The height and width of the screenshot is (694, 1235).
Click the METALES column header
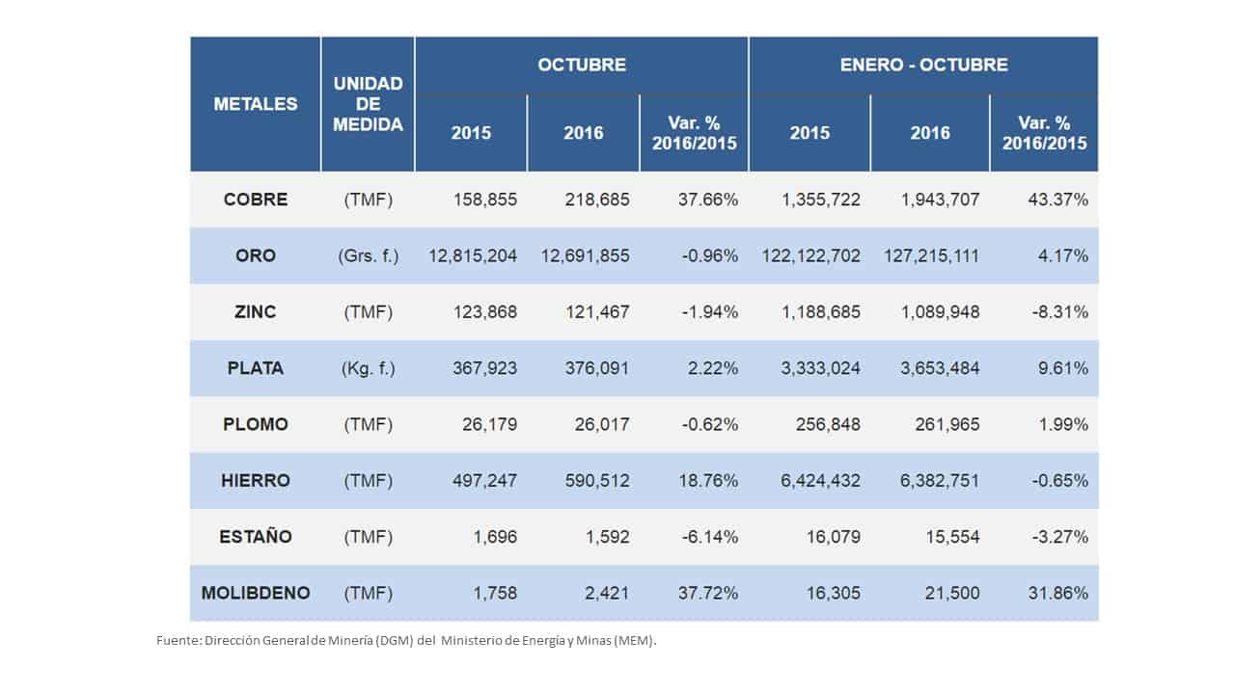click(x=256, y=104)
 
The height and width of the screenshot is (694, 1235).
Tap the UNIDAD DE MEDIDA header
click(x=368, y=104)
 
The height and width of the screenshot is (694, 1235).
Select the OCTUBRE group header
click(x=582, y=66)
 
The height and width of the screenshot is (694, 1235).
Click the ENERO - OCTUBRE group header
click(x=923, y=66)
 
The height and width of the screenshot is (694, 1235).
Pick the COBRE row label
click(x=256, y=200)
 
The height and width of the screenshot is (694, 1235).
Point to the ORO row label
click(x=256, y=256)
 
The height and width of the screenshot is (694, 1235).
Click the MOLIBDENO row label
click(x=256, y=593)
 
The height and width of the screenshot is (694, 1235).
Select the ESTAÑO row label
click(x=256, y=537)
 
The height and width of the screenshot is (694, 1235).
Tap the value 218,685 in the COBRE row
click(x=597, y=200)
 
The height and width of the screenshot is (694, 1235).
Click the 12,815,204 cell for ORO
click(x=473, y=256)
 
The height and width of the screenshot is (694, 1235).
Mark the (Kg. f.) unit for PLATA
click(x=368, y=368)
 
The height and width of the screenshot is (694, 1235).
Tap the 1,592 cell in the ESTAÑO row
click(x=609, y=537)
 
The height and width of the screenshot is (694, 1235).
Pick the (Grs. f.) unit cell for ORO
click(x=368, y=256)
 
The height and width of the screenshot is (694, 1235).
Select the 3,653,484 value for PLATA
click(x=938, y=368)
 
